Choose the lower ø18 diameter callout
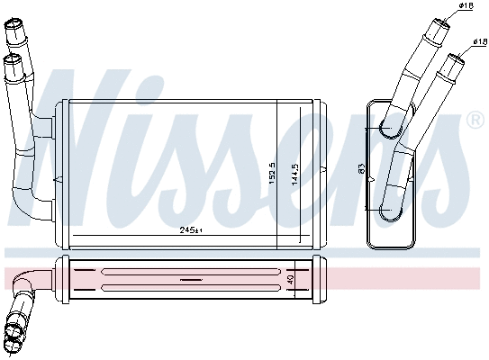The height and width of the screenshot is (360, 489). [x=478, y=42]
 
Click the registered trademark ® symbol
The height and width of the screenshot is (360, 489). [x=475, y=120]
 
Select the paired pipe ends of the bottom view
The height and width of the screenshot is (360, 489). [x=15, y=333]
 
